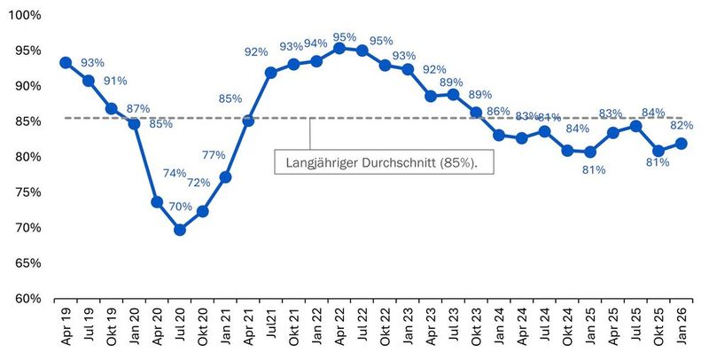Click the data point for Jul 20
tap(180, 230)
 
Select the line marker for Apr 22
tap(339, 48)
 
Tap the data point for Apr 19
tap(66, 63)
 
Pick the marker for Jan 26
tap(682, 144)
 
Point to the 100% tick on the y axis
tap(26, 16)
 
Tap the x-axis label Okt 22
tap(386, 329)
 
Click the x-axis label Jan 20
tap(135, 329)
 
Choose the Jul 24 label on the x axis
tap(545, 329)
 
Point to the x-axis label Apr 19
tap(66, 329)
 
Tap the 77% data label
tap(214, 155)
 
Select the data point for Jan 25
tap(590, 153)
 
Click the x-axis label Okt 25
tap(658, 329)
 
